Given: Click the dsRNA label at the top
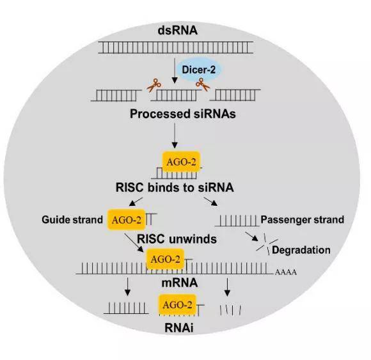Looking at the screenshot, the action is pyautogui.click(x=177, y=31).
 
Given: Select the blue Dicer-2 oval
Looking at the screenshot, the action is pyautogui.click(x=199, y=70).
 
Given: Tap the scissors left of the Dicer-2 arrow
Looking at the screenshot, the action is pyautogui.click(x=154, y=85).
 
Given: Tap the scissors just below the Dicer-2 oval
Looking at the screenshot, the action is pyautogui.click(x=203, y=84).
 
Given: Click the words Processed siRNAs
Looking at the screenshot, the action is pyautogui.click(x=183, y=114).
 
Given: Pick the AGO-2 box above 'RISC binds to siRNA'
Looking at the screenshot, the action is pyautogui.click(x=181, y=162).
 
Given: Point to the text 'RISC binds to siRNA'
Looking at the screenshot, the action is pyautogui.click(x=175, y=187).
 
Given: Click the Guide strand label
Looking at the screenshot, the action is pyautogui.click(x=72, y=220).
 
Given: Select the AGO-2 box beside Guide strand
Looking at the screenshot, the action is pyautogui.click(x=127, y=220).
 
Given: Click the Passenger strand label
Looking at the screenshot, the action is pyautogui.click(x=302, y=220).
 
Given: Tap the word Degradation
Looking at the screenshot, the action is pyautogui.click(x=301, y=250).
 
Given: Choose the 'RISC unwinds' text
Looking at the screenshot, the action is pyautogui.click(x=177, y=239).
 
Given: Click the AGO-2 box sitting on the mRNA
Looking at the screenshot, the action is pyautogui.click(x=165, y=259).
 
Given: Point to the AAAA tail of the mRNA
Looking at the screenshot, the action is pyautogui.click(x=285, y=272).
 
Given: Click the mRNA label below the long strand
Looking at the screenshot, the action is pyautogui.click(x=180, y=283).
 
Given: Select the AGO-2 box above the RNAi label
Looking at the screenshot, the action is pyautogui.click(x=177, y=305).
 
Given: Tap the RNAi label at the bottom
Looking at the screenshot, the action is pyautogui.click(x=179, y=328).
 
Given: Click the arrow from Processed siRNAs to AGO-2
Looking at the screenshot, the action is pyautogui.click(x=175, y=136).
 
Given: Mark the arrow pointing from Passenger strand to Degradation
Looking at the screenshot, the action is pyautogui.click(x=251, y=237).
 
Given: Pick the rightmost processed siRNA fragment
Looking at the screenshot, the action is pyautogui.click(x=235, y=95).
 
